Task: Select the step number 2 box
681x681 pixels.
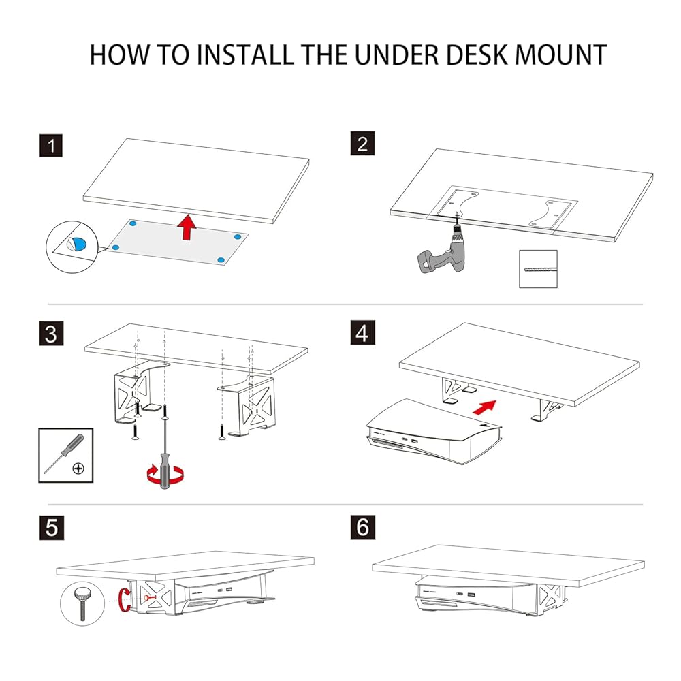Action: [362, 145]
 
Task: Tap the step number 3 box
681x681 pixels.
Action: [50, 334]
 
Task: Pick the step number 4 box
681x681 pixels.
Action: [362, 334]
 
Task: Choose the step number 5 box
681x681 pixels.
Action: [50, 528]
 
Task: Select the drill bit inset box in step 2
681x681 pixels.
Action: [538, 269]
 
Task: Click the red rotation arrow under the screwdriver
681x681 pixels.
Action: [163, 474]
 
